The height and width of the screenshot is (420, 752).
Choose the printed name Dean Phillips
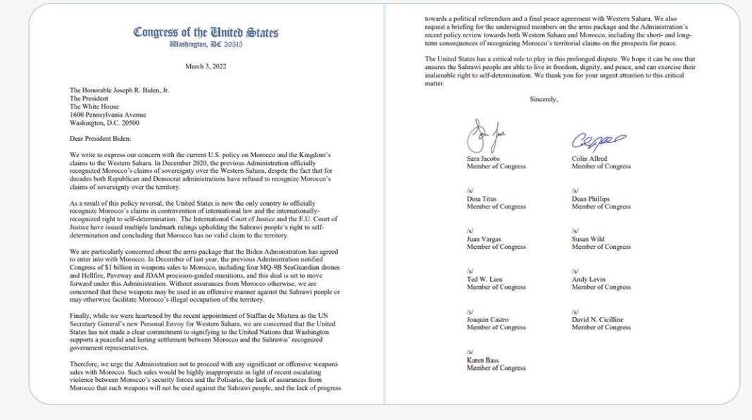(591, 199)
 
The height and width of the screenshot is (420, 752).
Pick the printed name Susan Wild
(589, 240)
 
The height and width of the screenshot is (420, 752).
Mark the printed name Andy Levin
(589, 280)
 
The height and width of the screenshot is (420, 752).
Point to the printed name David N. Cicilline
(599, 320)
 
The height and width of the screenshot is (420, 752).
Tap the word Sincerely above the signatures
(544, 99)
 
